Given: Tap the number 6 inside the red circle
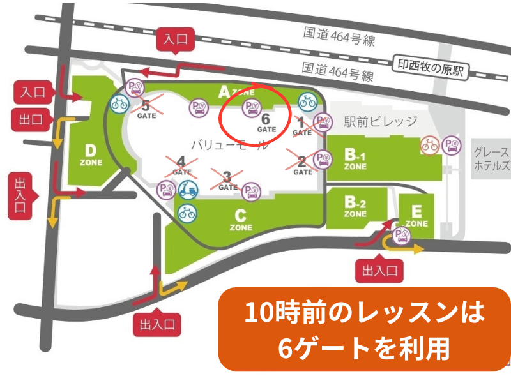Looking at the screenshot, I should (266, 118).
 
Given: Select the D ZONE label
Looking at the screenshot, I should (91, 154).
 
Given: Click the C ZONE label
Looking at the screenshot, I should (241, 220).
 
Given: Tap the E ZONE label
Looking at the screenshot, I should (416, 216).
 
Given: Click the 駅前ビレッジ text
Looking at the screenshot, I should (381, 121).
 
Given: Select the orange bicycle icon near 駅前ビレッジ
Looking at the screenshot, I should (429, 145).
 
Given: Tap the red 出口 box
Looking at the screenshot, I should (30, 119).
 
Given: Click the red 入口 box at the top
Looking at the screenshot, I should (175, 40).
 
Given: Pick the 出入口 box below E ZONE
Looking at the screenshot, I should (380, 271).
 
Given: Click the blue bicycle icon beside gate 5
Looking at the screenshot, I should (118, 103).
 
